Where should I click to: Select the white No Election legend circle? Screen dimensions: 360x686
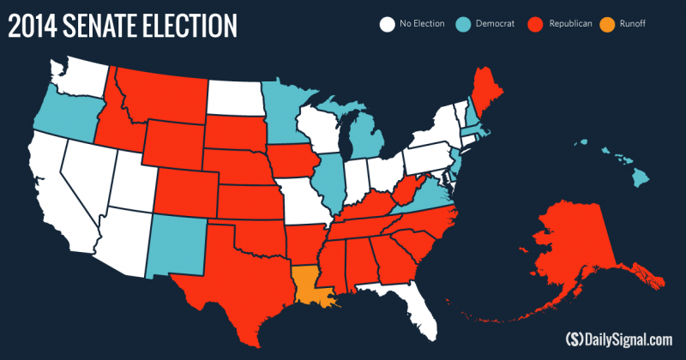(x=386, y=24)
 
